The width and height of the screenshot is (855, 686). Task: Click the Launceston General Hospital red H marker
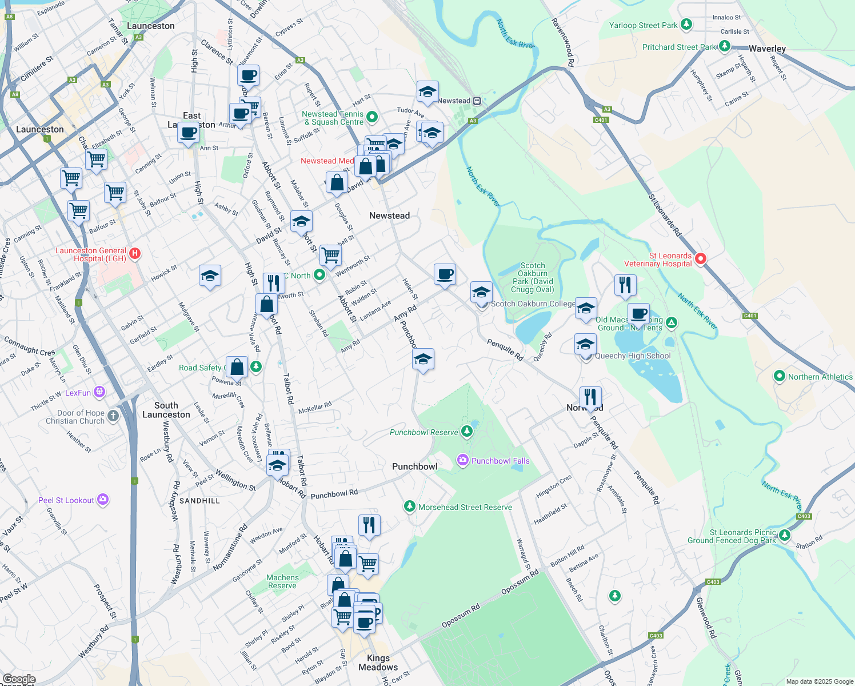pos(135,253)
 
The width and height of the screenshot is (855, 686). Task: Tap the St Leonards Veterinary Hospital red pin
pos(701,259)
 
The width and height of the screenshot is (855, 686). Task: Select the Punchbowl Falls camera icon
pos(463,460)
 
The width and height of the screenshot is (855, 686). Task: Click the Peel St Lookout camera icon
pos(103,500)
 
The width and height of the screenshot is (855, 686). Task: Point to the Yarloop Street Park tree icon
pos(686,25)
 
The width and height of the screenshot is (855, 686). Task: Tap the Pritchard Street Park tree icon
pos(725,46)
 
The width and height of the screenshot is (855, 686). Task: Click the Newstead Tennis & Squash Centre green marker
pos(372,117)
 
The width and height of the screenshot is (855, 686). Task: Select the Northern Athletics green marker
pos(779,376)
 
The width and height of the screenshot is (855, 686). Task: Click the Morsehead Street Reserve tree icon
pos(409,506)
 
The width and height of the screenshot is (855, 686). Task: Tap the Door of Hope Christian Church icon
pos(113,416)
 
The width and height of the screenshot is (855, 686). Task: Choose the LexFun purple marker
pos(100,392)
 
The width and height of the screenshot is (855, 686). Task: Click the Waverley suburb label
pos(767,49)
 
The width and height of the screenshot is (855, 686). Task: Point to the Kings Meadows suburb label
pos(378,663)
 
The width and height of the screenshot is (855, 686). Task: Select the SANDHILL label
pos(199,501)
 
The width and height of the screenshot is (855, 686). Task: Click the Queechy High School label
pos(633,356)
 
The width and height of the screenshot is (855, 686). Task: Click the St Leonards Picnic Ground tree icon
pos(785,535)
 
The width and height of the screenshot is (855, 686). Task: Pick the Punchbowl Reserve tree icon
pos(467,431)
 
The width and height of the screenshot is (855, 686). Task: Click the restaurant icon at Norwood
pos(590,396)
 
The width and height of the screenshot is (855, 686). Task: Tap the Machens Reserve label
pos(282,581)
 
